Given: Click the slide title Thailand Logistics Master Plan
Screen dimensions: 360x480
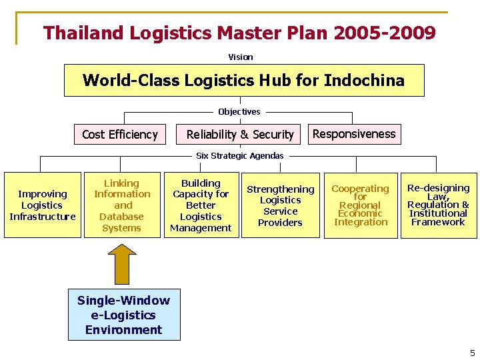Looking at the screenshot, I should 239,33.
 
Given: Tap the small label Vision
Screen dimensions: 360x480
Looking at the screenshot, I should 241,57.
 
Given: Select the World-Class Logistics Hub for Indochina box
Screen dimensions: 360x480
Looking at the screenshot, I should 243,81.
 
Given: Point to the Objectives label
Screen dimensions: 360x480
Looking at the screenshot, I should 239,112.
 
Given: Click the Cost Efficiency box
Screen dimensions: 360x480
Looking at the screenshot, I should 120,135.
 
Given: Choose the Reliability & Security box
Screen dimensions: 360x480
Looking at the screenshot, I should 240,135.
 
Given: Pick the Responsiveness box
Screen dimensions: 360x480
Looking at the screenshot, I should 354,134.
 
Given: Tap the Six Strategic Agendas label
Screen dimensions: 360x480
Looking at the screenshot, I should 239,155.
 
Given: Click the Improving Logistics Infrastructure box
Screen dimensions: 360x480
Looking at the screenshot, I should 43,205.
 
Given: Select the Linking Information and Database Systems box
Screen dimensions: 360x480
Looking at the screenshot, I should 122,205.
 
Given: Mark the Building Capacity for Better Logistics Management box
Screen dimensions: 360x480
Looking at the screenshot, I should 201,205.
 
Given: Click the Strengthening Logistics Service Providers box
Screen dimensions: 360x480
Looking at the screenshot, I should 280,205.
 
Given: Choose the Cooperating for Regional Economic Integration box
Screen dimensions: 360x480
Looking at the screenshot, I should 360,205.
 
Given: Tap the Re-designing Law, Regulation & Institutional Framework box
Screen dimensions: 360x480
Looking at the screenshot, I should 438,205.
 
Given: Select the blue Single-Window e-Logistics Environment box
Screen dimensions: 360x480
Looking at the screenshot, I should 124,315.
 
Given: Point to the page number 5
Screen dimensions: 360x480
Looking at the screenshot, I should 472,353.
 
